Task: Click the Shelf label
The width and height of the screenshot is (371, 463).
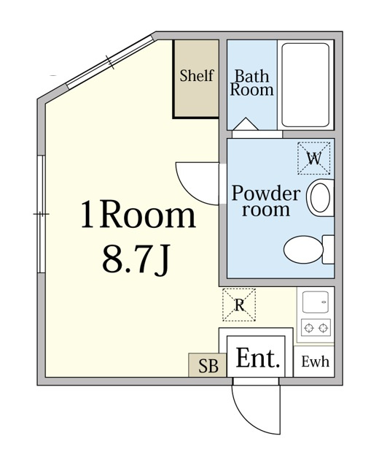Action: click(197, 76)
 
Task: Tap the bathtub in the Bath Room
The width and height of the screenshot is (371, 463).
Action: click(305, 85)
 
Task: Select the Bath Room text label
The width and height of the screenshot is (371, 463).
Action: click(252, 83)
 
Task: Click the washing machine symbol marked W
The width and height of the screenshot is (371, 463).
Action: click(314, 158)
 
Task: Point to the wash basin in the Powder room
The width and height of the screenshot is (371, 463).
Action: click(320, 198)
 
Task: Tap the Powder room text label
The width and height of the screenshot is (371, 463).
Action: click(266, 202)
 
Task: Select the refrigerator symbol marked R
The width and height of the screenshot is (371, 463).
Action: click(239, 305)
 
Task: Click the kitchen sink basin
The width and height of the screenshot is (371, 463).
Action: click(316, 302)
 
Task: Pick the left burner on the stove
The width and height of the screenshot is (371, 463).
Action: click(309, 328)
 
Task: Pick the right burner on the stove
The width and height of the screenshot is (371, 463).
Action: click(324, 328)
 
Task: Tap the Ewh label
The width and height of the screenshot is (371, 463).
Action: click(315, 361)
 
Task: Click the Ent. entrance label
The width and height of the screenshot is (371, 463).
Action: click(257, 358)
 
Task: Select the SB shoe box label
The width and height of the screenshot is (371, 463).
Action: click(208, 366)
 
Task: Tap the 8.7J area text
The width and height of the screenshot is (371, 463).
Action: click(136, 260)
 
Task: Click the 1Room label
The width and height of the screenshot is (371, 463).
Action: click(138, 214)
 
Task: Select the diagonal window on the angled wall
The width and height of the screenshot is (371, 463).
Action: click(110, 62)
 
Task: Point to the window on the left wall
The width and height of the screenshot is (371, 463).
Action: click(42, 214)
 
